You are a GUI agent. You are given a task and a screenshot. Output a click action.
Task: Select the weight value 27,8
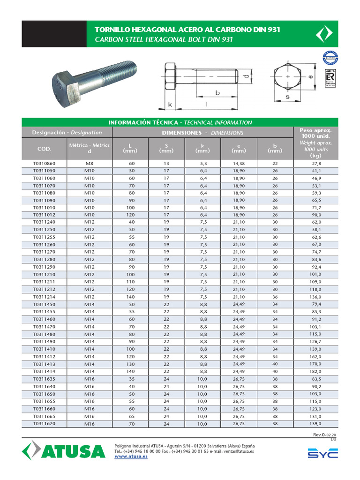pyautogui.click(x=316, y=164)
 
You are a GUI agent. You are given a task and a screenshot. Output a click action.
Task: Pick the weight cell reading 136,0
pyautogui.click(x=316, y=297)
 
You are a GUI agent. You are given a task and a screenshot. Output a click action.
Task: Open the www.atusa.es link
pyautogui.click(x=131, y=457)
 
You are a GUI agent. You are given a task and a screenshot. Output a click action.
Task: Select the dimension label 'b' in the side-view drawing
pyautogui.click(x=217, y=93)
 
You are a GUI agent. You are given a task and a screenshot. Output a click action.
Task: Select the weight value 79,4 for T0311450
pyautogui.click(x=316, y=304)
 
